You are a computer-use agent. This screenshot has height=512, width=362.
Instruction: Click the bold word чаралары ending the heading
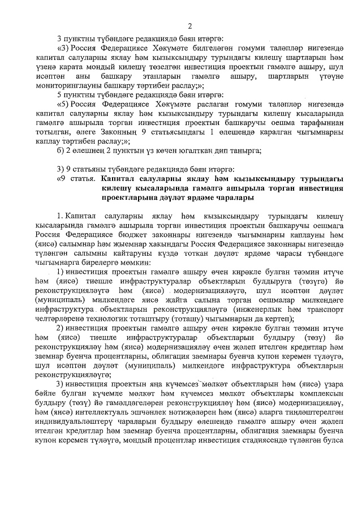click(228, 198)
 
